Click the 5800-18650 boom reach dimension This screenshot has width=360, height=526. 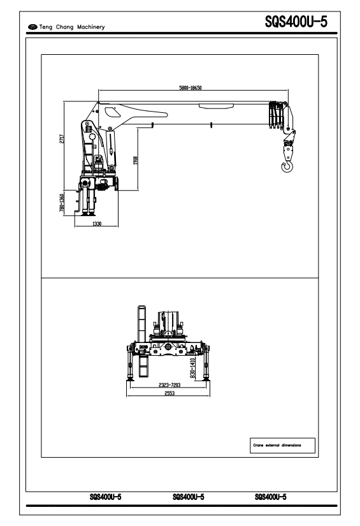[191, 88]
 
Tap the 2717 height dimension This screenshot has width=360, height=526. [62, 138]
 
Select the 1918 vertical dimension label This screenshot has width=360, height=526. [136, 160]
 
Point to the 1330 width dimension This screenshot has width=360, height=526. [97, 223]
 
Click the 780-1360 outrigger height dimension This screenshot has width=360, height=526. [62, 203]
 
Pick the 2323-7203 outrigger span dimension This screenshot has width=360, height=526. [169, 384]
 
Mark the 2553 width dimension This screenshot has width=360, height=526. [169, 393]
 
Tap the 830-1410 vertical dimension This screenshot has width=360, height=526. [192, 368]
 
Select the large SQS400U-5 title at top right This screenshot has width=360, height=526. [296, 22]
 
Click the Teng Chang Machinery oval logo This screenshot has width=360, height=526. [32, 27]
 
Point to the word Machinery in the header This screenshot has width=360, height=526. [91, 27]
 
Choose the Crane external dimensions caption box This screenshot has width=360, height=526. [282, 446]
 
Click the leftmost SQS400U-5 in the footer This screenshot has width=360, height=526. [106, 497]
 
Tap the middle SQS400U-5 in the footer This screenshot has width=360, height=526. [189, 497]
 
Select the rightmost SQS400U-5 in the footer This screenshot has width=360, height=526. [271, 497]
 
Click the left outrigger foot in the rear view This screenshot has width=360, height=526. [130, 379]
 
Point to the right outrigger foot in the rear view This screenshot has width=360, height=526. [206, 379]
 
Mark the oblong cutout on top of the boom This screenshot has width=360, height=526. [216, 106]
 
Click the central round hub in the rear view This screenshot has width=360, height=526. [168, 346]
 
